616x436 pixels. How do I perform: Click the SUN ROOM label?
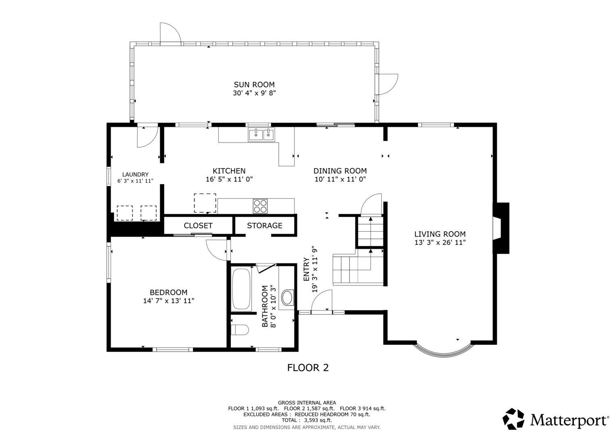[254, 84]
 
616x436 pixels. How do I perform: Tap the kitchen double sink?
[261, 135]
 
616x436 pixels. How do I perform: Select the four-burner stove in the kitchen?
[260, 206]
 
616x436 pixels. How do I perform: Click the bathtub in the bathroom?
[242, 289]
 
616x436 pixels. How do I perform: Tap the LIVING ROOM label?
[440, 234]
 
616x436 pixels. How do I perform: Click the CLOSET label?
[198, 226]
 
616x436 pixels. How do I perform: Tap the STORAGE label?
[265, 226]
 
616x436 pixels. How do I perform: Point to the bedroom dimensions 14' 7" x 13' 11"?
[169, 301]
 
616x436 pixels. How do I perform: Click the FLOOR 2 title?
[308, 368]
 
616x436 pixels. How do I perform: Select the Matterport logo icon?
[513, 419]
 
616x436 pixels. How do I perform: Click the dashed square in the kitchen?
[205, 203]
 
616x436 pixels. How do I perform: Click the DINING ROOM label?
[340, 171]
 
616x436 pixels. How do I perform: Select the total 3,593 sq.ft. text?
[307, 420]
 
